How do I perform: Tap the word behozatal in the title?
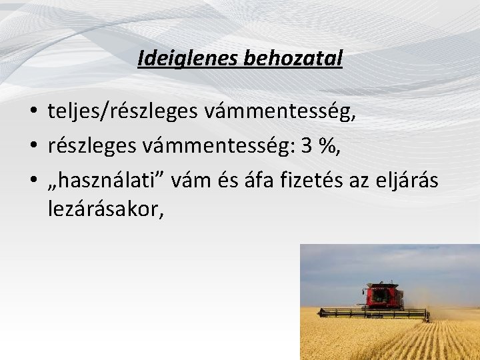tap(293, 59)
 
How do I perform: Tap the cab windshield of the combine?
tap(381, 291)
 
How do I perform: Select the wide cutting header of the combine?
tap(373, 313)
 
